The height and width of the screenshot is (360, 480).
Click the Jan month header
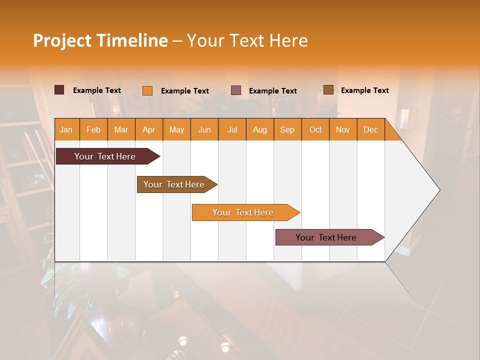coord(66,129)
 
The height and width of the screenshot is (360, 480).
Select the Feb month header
coord(93,129)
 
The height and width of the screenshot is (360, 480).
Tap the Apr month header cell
coord(148,129)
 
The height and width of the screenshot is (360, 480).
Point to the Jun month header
coord(204,129)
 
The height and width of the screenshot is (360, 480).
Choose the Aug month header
coord(259,129)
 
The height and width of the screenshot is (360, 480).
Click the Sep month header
coord(287,129)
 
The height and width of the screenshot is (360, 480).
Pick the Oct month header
coord(315,129)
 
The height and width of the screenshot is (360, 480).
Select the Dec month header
coord(370,129)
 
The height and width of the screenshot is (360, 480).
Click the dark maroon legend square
coord(59,90)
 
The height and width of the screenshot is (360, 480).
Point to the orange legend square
coord(147,90)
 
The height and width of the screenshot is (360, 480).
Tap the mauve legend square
coord(236,90)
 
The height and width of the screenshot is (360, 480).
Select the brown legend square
coord(328,90)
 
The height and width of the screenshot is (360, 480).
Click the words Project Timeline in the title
coord(100,40)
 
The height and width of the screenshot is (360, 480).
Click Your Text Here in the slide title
coord(247,40)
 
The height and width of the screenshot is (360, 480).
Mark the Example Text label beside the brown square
coord(364,90)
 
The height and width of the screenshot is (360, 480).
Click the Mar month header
coord(121,129)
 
